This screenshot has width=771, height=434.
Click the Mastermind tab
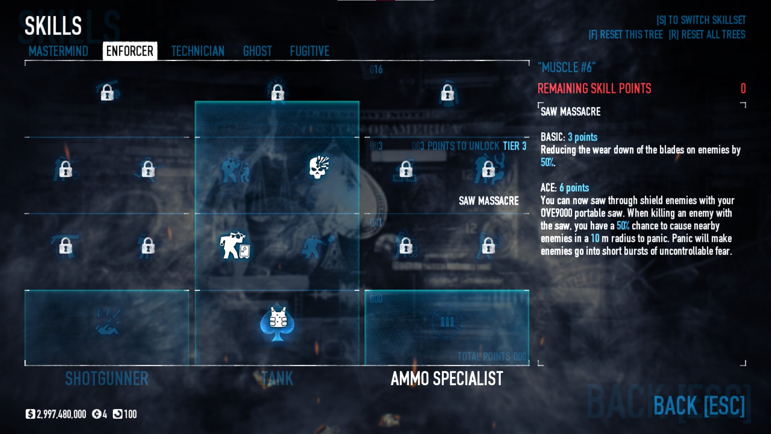(x=58, y=51)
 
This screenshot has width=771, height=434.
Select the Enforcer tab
(x=130, y=51)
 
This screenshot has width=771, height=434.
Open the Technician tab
(x=198, y=51)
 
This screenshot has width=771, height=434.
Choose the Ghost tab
(x=257, y=51)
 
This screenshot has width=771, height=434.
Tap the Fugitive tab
(x=310, y=51)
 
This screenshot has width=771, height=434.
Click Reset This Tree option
(x=625, y=35)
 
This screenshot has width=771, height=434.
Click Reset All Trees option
(x=707, y=35)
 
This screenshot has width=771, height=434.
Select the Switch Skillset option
(x=701, y=20)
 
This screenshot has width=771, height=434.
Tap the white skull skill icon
(x=319, y=167)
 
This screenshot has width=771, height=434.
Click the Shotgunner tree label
(x=106, y=379)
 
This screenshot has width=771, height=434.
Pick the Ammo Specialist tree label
(x=447, y=379)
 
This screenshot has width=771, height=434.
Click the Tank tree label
(x=277, y=379)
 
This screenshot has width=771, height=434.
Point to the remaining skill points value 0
(x=743, y=88)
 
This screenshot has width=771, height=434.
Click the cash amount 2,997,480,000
(x=61, y=414)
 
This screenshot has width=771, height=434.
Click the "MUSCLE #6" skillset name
(x=567, y=68)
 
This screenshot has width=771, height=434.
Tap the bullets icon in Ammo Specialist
(x=447, y=321)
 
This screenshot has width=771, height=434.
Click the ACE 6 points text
(x=565, y=188)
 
